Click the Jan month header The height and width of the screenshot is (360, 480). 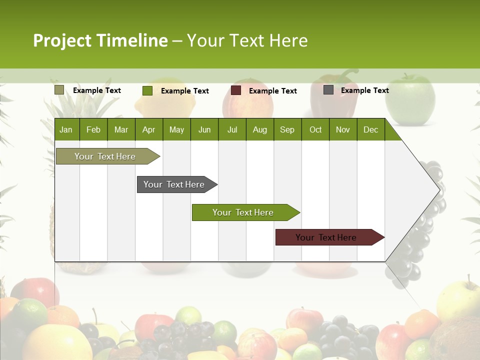66,130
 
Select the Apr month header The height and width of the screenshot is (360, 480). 148,130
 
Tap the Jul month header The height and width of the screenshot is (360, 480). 232,130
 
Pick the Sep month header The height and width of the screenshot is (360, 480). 287,130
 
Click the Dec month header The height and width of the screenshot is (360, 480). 370,130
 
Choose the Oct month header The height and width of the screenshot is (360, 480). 315,130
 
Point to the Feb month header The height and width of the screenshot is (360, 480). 93,130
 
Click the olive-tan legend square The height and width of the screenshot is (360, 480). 59,90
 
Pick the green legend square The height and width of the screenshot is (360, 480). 147,90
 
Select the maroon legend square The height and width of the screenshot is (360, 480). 236,90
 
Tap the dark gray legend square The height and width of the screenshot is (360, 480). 328,90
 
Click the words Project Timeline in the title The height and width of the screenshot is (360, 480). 100,40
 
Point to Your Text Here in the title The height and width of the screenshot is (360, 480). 247,40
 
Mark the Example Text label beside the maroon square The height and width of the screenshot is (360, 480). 272,91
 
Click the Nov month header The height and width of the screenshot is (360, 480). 343,130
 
